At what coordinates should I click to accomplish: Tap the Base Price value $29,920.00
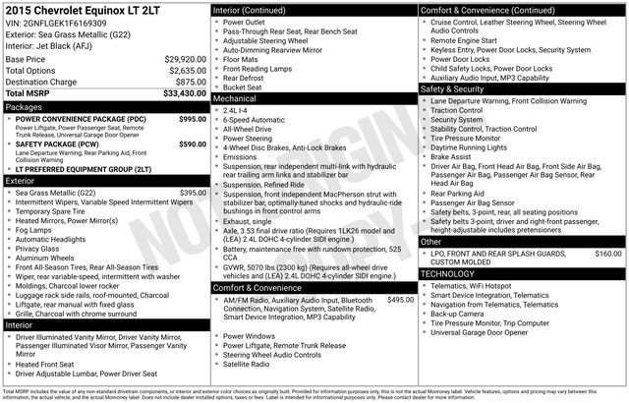click(x=185, y=59)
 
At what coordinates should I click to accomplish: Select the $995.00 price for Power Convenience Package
click(x=193, y=118)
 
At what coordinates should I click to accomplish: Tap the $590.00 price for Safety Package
click(x=193, y=144)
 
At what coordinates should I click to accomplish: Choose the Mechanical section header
click(x=235, y=99)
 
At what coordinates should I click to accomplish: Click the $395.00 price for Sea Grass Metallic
click(x=193, y=193)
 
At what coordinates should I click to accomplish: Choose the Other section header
click(x=430, y=241)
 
